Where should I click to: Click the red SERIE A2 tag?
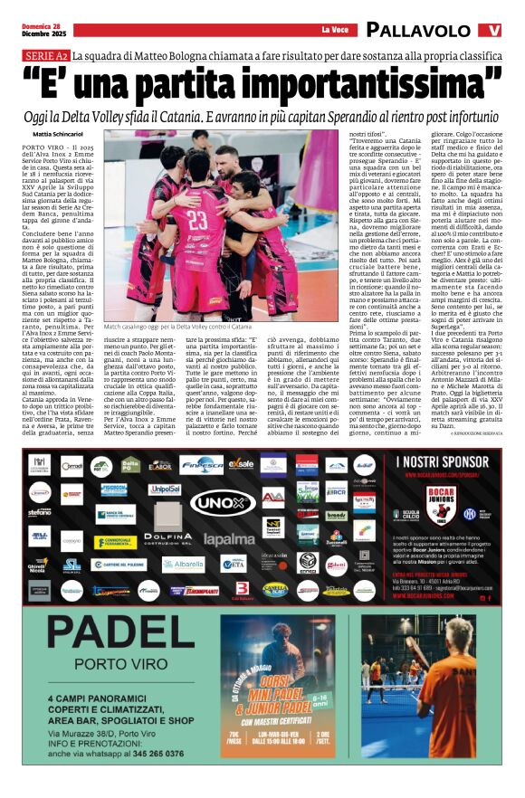coord(46,56)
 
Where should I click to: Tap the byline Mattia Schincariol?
coord(62,134)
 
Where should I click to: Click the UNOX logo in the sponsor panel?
coord(223,503)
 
